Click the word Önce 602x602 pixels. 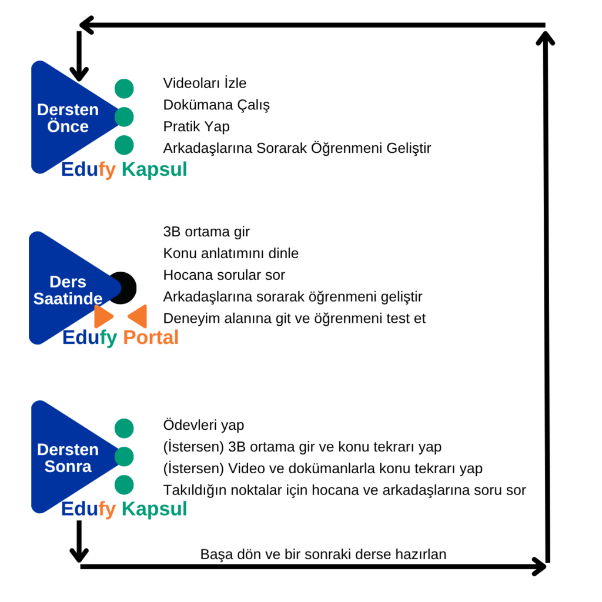pos(68,127)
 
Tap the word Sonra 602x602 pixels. pos(68,467)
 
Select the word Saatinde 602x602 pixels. pos(68,299)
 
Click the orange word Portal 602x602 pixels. pos(150,337)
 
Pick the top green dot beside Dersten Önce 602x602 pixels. pos(124,89)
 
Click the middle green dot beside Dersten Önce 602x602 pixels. pos(124,117)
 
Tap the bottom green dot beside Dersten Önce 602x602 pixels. pos(124,145)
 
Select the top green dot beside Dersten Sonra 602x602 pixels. pos(124,428)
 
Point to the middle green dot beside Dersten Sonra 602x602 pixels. pos(124,456)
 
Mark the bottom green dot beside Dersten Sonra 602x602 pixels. pos(124,484)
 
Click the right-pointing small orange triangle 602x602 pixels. pos(103,316)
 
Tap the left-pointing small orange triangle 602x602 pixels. pos(139,316)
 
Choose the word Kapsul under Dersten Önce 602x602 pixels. pos(154,170)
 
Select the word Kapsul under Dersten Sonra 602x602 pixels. pos(154,509)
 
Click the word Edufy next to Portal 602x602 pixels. pos(89,337)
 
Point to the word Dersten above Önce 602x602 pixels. pos(68,110)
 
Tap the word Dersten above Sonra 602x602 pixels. pos(68,450)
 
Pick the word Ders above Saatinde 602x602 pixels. pos(68,282)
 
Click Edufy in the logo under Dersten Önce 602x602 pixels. pos(88,170)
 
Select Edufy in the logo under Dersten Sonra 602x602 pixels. pos(88,509)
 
